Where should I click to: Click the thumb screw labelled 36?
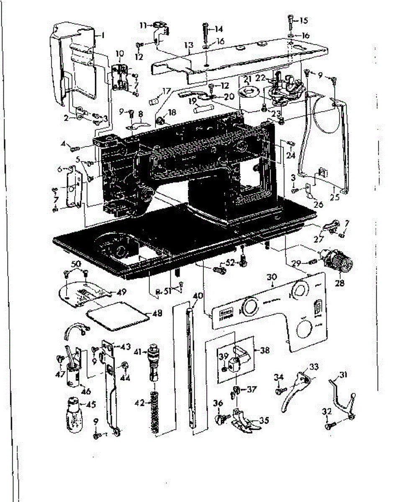pyautogui.click(x=221, y=418)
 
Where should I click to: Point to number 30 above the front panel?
pyautogui.click(x=272, y=277)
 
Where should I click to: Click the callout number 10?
pyautogui.click(x=120, y=54)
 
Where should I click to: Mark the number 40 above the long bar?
pyautogui.click(x=198, y=296)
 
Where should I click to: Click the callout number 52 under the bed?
pyautogui.click(x=230, y=263)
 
